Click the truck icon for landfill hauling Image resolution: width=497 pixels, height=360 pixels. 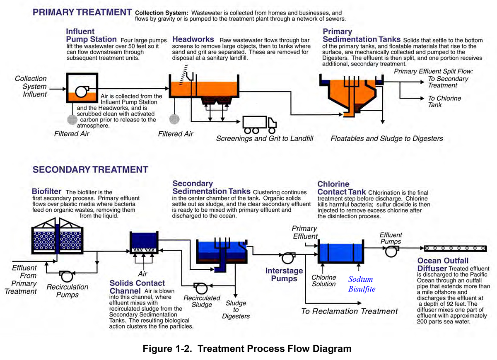pyautogui.click(x=259, y=123)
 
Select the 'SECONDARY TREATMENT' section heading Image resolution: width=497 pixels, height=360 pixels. pyautogui.click(x=90, y=169)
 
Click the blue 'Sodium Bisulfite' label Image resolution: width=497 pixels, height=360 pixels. pyautogui.click(x=362, y=284)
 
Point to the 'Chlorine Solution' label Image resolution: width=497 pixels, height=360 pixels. pyautogui.click(x=323, y=280)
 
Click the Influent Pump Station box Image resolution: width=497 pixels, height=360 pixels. pyautogui.click(x=80, y=88)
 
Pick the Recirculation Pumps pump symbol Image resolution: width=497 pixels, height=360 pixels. pyautogui.click(x=66, y=275)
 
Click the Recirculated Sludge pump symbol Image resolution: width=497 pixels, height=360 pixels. pyautogui.click(x=200, y=288)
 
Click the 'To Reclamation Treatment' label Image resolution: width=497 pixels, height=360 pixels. pyautogui.click(x=349, y=311)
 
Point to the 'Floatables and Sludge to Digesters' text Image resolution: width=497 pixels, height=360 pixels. pyautogui.click(x=386, y=138)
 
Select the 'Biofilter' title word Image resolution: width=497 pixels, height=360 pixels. pyautogui.click(x=46, y=192)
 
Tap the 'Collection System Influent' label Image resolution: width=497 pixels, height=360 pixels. pyautogui.click(x=31, y=86)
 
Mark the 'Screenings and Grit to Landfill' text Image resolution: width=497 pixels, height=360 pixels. pyautogui.click(x=265, y=138)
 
